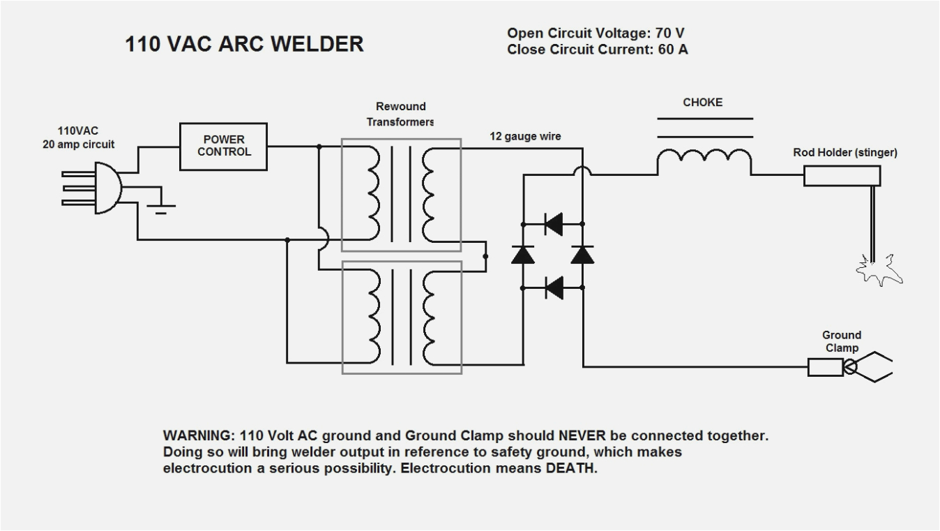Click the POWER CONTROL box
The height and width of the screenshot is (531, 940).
click(224, 147)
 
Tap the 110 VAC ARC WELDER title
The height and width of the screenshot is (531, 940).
click(244, 45)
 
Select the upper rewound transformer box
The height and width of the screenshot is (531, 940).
click(401, 195)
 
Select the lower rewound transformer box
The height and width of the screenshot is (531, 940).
click(401, 317)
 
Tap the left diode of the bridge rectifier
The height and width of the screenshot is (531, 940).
click(522, 255)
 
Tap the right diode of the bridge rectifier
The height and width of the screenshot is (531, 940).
click(582, 255)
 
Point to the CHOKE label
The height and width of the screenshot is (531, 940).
click(702, 103)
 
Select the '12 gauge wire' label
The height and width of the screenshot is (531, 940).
click(524, 137)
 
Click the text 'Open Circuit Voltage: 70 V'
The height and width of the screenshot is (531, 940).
click(600, 33)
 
